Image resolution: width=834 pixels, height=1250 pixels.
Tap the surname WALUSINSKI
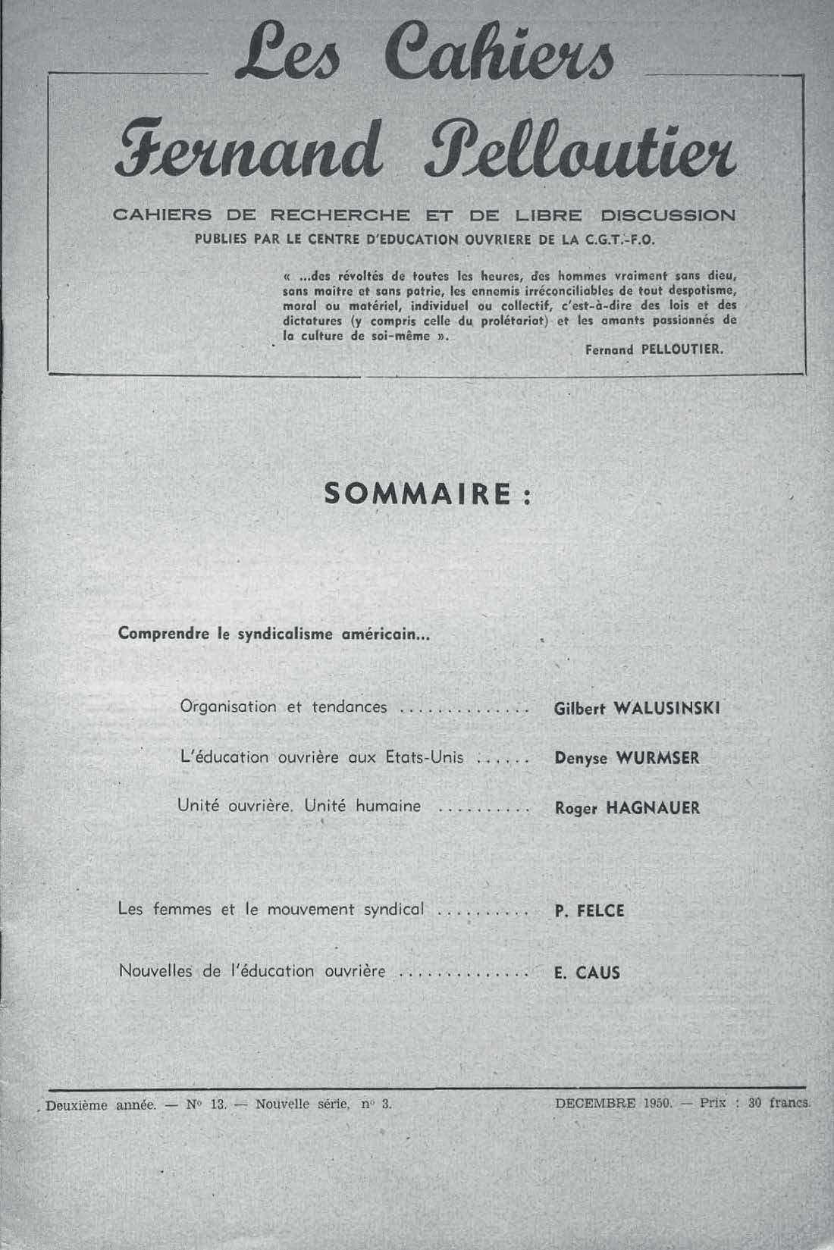665,708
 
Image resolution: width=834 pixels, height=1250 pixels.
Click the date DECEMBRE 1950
614,1104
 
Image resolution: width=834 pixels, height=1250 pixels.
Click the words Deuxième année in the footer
100,1105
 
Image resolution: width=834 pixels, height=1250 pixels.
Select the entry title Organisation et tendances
284,707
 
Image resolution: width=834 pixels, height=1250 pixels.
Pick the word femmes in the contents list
183,910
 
